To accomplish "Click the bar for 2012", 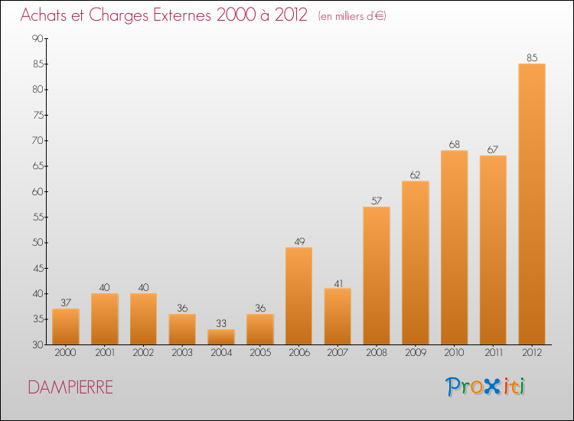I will [x=531, y=204].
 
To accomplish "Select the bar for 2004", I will [x=220, y=337].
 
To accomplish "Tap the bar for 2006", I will [x=298, y=296].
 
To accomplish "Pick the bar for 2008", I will [x=376, y=276].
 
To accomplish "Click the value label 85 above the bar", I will [x=531, y=57].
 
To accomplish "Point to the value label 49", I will [x=298, y=241].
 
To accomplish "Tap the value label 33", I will [x=220, y=322].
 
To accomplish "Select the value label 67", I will [x=493, y=148].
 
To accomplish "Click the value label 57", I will [x=376, y=200].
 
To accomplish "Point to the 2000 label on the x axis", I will [x=66, y=353].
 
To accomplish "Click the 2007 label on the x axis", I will [x=338, y=353].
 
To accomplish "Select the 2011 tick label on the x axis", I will [x=493, y=353].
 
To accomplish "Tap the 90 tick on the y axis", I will [x=36, y=38].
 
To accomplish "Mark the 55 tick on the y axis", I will [x=36, y=217].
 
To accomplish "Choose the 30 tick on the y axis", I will [x=36, y=345].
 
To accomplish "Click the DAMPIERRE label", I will [x=70, y=387].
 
